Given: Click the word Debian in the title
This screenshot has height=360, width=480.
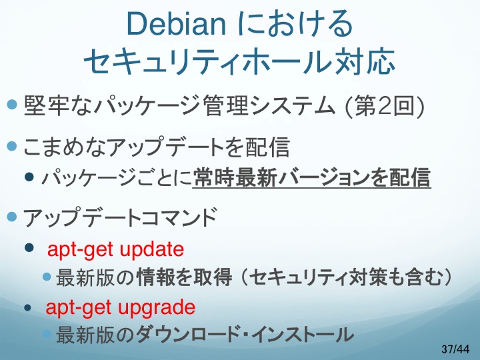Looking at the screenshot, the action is tap(176, 24).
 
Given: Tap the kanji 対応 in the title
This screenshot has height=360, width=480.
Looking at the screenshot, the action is tap(364, 61).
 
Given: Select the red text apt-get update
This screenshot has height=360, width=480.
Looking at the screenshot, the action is tap(115, 249).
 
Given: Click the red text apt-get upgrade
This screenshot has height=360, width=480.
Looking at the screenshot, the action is tap(120, 307).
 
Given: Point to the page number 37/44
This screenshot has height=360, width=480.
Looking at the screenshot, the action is tap(455, 349).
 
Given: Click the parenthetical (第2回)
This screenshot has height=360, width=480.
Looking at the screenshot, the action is tap(385, 106).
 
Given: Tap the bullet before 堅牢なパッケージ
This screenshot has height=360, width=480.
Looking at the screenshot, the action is tap(11, 105).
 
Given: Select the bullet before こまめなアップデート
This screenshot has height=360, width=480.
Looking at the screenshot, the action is tap(11, 146).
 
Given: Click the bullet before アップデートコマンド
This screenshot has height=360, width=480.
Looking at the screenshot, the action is tap(11, 217).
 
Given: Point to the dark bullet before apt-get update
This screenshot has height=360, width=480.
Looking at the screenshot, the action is tap(29, 247).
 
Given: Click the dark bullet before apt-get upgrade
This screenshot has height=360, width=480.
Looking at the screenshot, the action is tap(28, 307).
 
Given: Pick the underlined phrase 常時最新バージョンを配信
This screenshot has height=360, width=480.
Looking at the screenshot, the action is tap(311, 177).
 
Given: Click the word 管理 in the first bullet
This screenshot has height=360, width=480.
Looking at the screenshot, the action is tap(225, 106).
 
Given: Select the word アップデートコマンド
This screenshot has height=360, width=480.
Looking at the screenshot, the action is tap(120, 217).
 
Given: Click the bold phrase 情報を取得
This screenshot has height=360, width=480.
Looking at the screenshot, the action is tap(184, 277).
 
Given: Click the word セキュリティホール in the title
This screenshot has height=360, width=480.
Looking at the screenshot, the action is tap(208, 61).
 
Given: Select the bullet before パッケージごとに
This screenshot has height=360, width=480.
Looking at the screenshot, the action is tap(29, 177).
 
